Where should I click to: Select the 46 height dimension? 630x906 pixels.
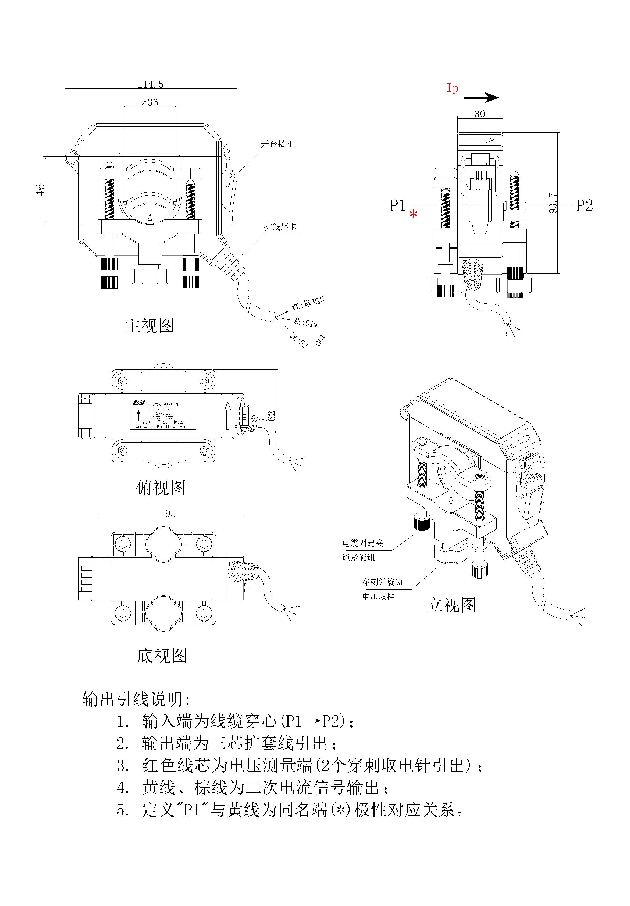click(x=41, y=189)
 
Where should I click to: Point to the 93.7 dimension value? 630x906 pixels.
click(x=553, y=203)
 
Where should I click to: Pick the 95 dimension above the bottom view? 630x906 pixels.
click(x=170, y=513)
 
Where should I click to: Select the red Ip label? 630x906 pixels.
click(x=452, y=88)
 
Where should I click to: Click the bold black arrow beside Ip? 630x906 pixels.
click(x=481, y=98)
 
